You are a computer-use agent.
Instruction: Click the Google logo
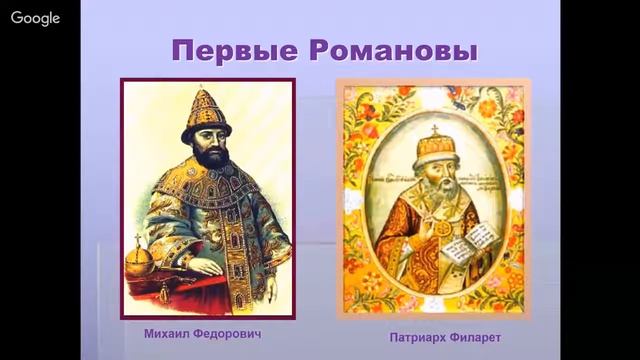click(x=36, y=19)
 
